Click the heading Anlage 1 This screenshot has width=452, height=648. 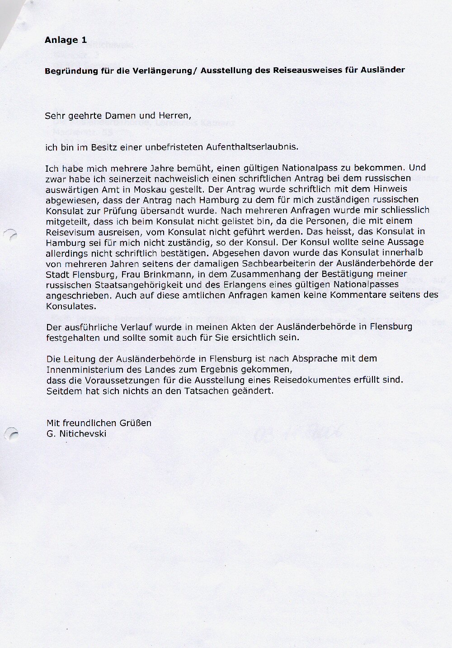click(66, 40)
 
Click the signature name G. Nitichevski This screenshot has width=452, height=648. click(76, 434)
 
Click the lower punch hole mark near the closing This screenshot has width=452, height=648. click(12, 434)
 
